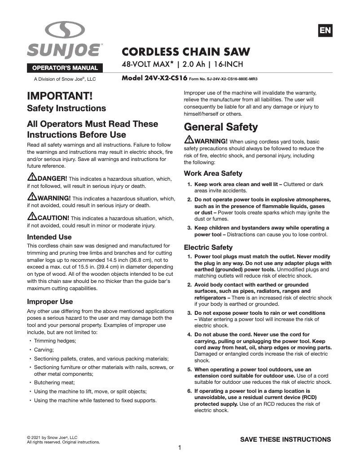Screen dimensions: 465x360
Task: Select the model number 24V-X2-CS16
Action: [154, 78]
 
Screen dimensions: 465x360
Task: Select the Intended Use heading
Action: [49, 237]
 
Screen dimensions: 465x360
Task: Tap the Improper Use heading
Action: [50, 301]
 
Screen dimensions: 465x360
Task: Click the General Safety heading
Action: [221, 127]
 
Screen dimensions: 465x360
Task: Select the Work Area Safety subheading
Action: [213, 173]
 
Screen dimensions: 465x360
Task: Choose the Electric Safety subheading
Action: [208, 247]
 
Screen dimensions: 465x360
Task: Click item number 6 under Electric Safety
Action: [189, 391]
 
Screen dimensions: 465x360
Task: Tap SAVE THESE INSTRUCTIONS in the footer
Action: [285, 439]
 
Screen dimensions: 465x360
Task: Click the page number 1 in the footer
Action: [180, 448]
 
